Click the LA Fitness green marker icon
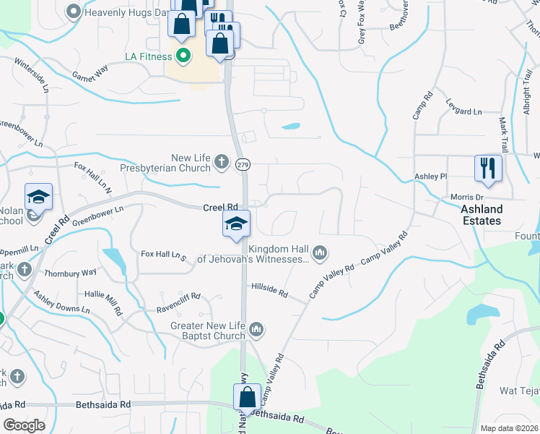(x=183, y=55)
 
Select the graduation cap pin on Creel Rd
(x=236, y=224)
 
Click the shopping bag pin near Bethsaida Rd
(x=247, y=398)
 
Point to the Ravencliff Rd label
(x=178, y=297)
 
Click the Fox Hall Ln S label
(x=163, y=255)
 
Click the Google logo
(x=24, y=425)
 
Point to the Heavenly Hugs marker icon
(x=73, y=12)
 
